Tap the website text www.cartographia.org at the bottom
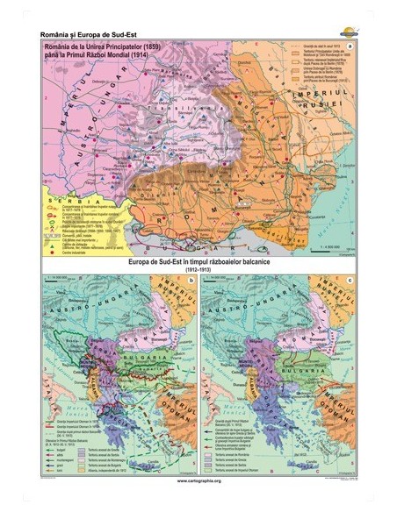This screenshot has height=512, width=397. [x=198, y=481]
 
